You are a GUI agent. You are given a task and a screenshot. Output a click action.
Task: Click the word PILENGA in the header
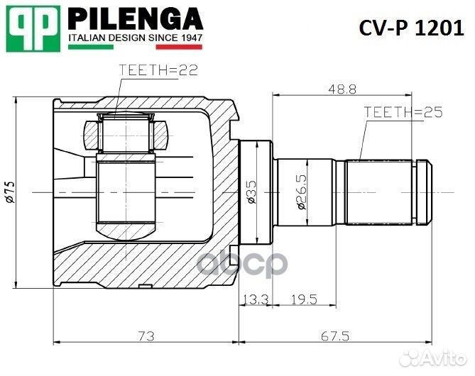(x=135, y=18)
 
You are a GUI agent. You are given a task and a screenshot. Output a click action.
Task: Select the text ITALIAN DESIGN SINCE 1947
(x=135, y=38)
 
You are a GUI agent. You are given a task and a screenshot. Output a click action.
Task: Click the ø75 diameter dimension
(x=9, y=192)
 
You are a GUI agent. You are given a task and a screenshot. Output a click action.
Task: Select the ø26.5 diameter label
(x=302, y=192)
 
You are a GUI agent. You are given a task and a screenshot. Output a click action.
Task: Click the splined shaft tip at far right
(x=424, y=192)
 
